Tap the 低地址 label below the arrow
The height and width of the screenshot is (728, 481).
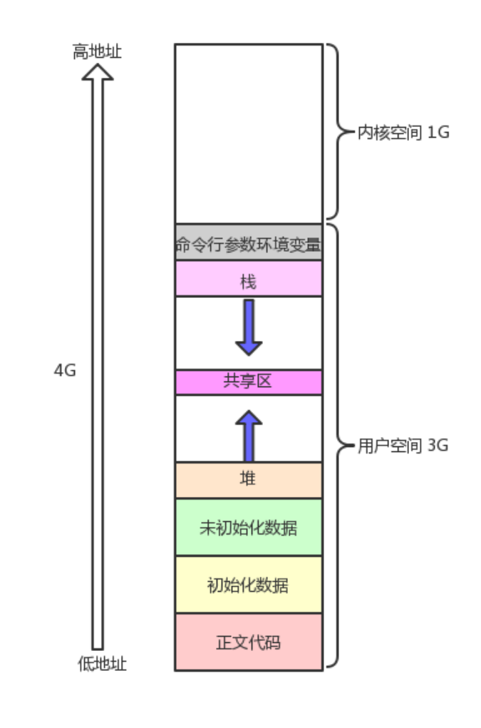pyautogui.click(x=102, y=664)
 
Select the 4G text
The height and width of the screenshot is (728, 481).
pyautogui.click(x=65, y=371)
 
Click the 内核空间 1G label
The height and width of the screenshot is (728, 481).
pyautogui.click(x=403, y=133)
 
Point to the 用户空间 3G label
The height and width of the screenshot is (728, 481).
pyautogui.click(x=403, y=447)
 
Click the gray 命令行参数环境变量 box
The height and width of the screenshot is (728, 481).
pyautogui.click(x=248, y=243)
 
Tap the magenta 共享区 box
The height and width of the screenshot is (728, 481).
pyautogui.click(x=248, y=381)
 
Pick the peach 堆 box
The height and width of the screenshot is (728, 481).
pyautogui.click(x=248, y=480)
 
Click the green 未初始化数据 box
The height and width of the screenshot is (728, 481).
pyautogui.click(x=248, y=528)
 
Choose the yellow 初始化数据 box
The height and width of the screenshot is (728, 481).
pyautogui.click(x=248, y=585)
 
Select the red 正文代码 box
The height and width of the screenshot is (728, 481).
pyautogui.click(x=248, y=642)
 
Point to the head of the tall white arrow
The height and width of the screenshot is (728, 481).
pyautogui.click(x=98, y=71)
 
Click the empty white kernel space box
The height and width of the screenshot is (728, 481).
pyautogui.click(x=248, y=133)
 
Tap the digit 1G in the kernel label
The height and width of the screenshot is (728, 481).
pyautogui.click(x=438, y=133)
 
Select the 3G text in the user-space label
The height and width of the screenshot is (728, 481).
pyautogui.click(x=438, y=447)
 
